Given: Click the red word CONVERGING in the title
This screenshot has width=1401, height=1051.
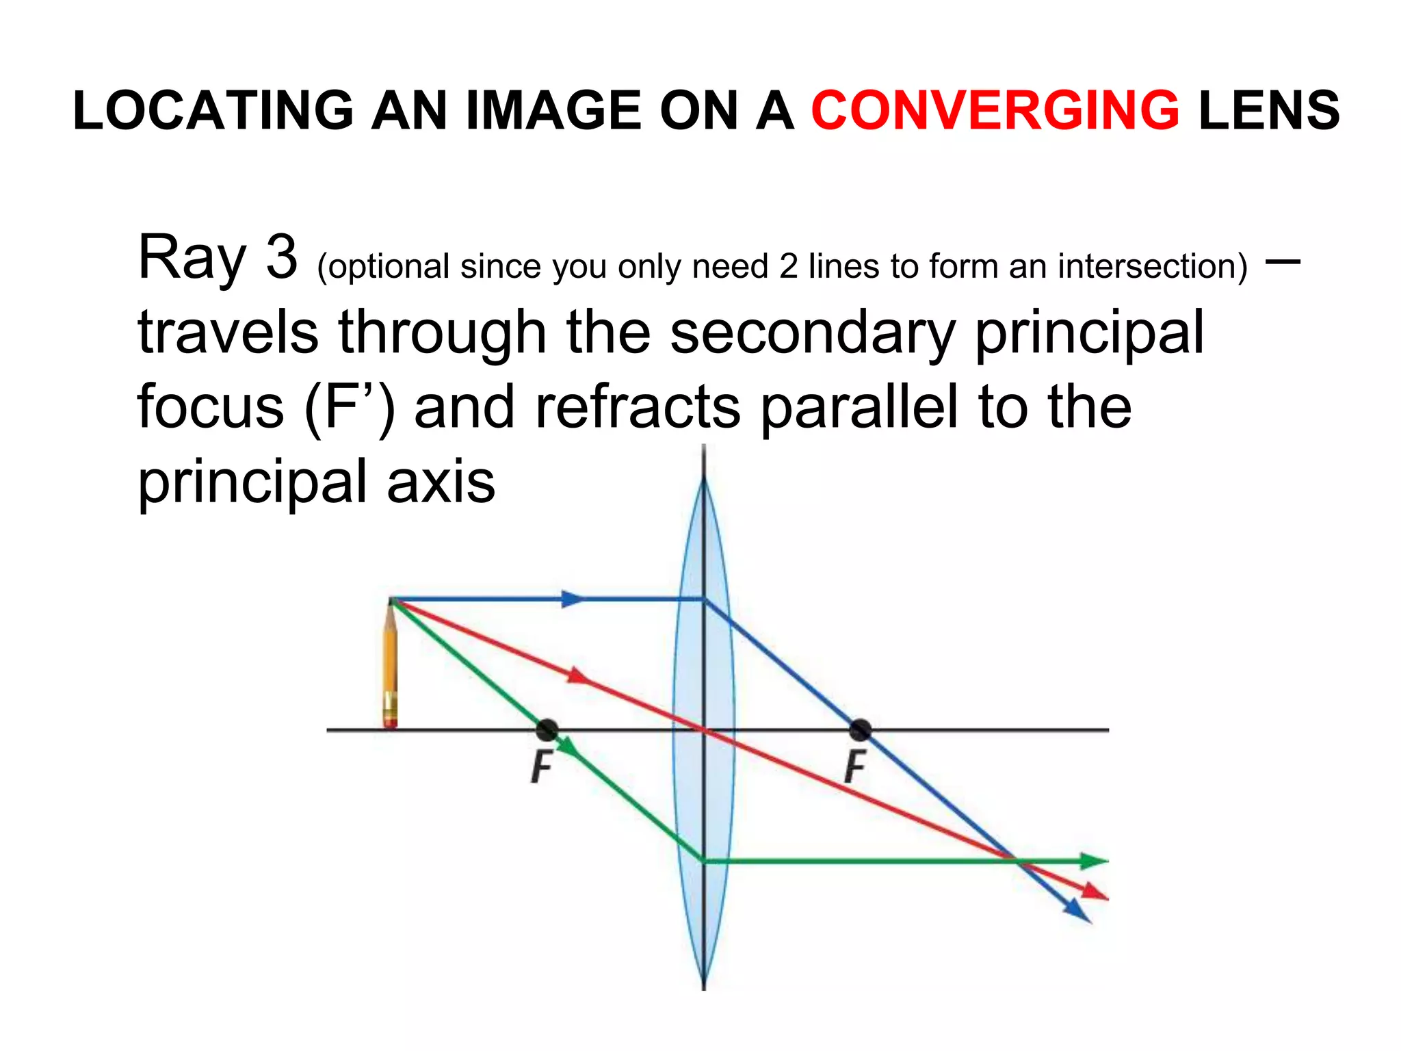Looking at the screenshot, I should click(x=995, y=110).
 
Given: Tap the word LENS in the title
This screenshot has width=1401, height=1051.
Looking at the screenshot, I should click(x=1269, y=110).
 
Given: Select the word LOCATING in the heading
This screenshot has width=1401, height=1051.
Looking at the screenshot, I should click(x=213, y=110).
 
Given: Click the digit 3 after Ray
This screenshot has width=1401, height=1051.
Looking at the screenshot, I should click(x=281, y=258).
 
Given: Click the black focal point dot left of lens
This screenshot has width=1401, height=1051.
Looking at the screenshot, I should click(x=547, y=730).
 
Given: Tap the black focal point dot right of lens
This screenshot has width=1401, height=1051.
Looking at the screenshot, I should click(x=860, y=730).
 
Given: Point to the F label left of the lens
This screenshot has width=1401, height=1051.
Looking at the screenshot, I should click(x=541, y=767).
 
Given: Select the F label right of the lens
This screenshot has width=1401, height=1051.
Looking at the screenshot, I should click(x=854, y=767).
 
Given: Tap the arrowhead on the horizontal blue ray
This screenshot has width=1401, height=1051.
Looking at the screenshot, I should click(x=572, y=599).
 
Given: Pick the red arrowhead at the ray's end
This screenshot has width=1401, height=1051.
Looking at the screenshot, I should click(x=1095, y=892).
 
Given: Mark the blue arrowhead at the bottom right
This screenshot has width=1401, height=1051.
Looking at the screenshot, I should click(x=1077, y=911).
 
